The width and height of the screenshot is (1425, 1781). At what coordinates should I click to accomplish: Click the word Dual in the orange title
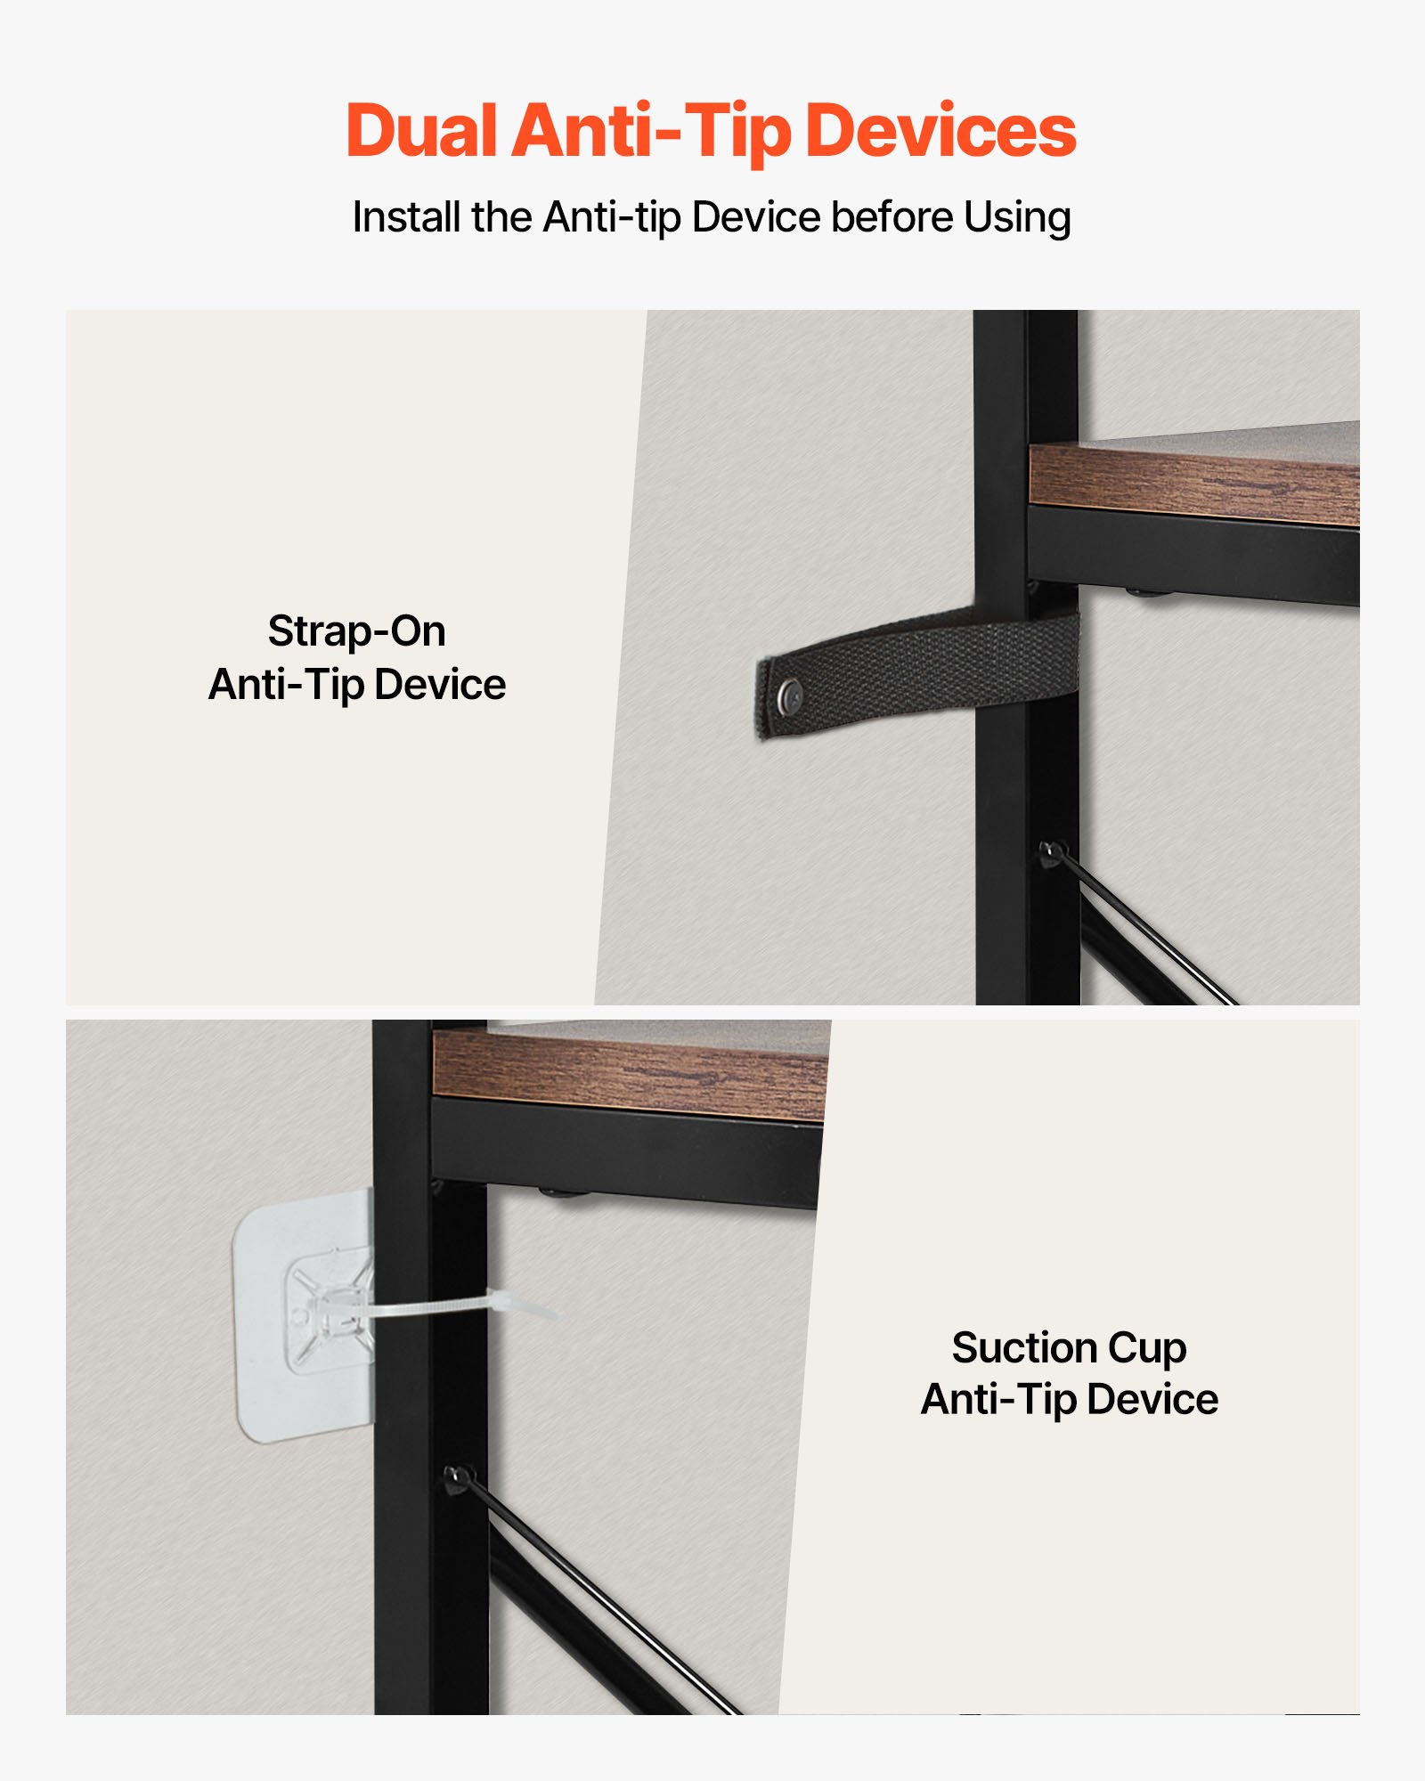pyautogui.click(x=420, y=131)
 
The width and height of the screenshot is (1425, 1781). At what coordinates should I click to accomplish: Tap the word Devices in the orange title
pyautogui.click(x=940, y=131)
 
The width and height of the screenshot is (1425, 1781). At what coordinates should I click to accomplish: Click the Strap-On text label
pyautogui.click(x=356, y=631)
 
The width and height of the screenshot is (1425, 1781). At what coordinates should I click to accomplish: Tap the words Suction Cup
pyautogui.click(x=1069, y=1347)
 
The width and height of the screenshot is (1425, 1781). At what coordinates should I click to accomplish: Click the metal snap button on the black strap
pyautogui.click(x=789, y=695)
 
